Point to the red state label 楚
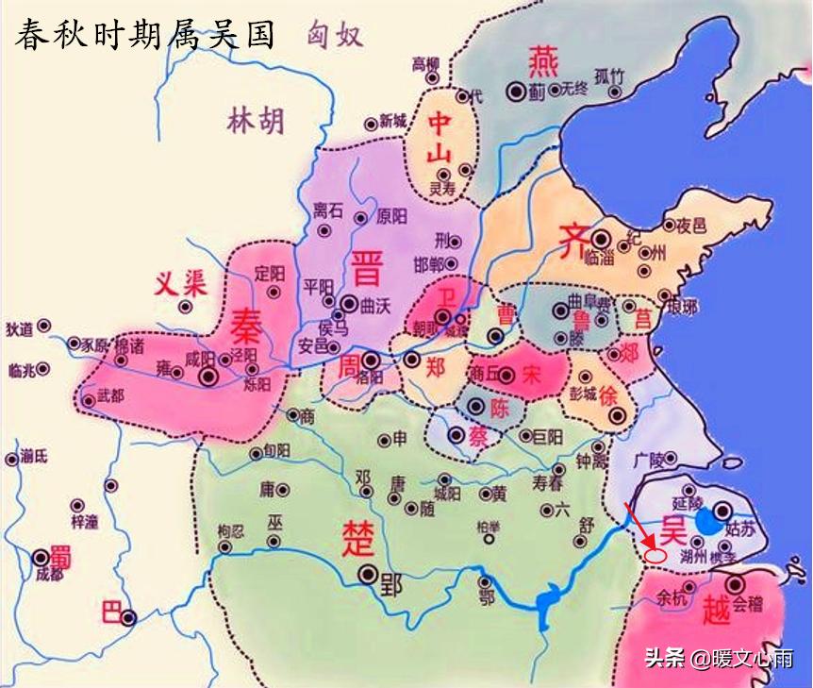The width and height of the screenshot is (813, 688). coord(359,537)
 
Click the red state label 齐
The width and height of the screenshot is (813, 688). coord(572,240)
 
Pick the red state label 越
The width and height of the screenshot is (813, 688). coord(716,612)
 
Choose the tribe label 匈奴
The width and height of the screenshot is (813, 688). coord(334,36)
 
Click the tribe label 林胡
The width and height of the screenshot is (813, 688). coord(255,120)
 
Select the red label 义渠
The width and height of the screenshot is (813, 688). coord(181,283)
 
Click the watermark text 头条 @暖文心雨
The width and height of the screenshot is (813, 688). coord(719,658)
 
